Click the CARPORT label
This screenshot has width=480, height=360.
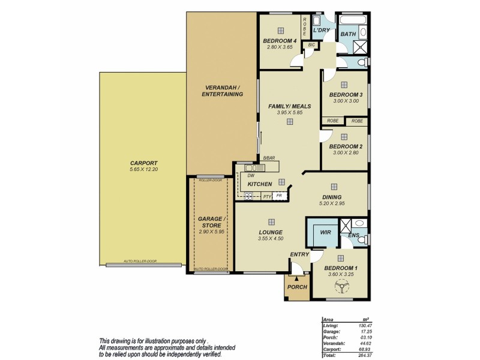pyautogui.click(x=143, y=163)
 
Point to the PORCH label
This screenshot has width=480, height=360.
pyautogui.click(x=297, y=287)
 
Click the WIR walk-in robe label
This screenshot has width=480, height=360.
pyautogui.click(x=326, y=231)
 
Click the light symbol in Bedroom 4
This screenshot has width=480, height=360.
pyautogui.click(x=280, y=31)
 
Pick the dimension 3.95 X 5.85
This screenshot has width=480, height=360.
pyautogui.click(x=290, y=112)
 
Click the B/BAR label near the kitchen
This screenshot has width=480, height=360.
pyautogui.click(x=269, y=158)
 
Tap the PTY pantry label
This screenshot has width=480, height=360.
pyautogui.click(x=266, y=196)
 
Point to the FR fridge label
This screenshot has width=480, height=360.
pyautogui.click(x=278, y=196)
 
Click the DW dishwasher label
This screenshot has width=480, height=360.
pyautogui.click(x=242, y=175)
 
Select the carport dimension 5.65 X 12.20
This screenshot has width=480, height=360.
pyautogui.click(x=143, y=170)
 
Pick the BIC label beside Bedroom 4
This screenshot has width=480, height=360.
pyautogui.click(x=311, y=45)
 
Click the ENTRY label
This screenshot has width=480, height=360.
pyautogui.click(x=299, y=254)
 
